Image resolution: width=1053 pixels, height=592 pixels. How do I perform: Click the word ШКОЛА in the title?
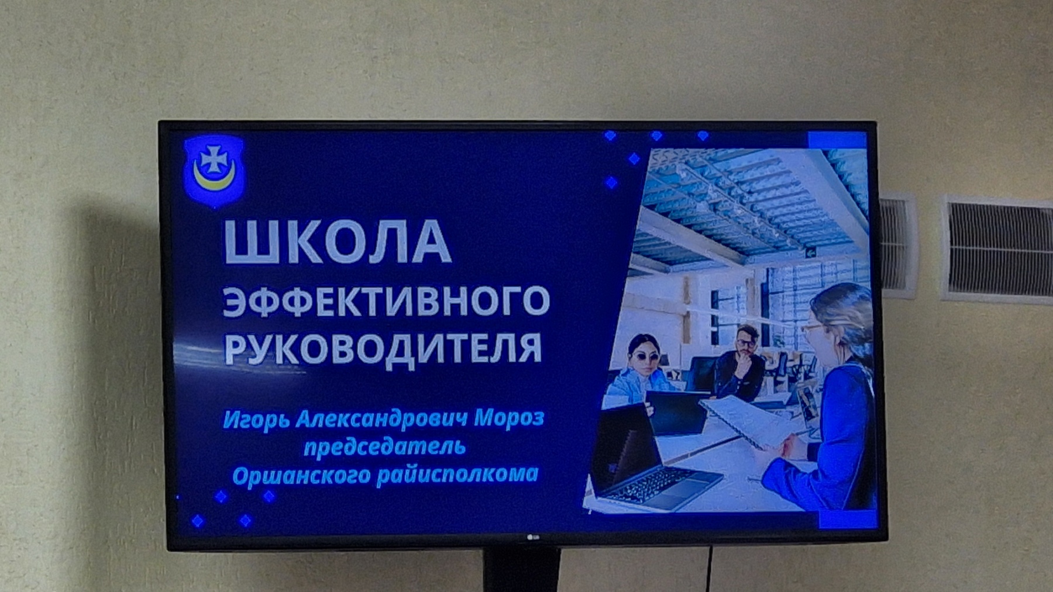(338, 241)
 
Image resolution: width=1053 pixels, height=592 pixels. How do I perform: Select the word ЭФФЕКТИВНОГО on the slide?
(387, 301)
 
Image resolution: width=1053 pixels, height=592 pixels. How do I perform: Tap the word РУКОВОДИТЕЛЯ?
(384, 348)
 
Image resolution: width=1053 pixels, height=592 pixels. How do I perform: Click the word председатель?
(384, 448)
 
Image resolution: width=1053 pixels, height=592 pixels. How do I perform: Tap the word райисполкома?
(457, 474)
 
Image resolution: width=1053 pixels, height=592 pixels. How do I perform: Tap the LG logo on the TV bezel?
(533, 538)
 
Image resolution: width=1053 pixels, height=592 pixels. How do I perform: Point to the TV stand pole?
(521, 570)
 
